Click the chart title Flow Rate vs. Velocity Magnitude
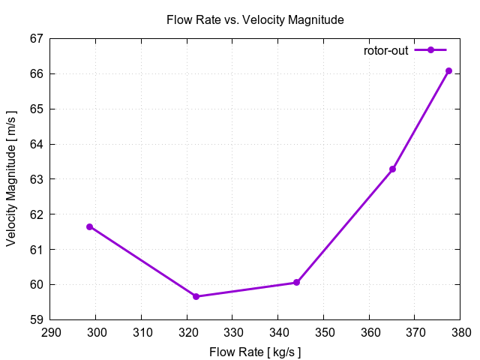[x=255, y=20]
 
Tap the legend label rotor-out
[x=385, y=50]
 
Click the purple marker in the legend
[x=430, y=50]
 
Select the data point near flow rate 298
[x=90, y=226]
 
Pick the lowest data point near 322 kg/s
[x=196, y=296]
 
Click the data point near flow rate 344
[x=297, y=283]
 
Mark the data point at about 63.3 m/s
[x=392, y=169]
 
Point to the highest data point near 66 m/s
[x=448, y=70]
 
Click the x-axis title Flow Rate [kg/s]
[x=255, y=350]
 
